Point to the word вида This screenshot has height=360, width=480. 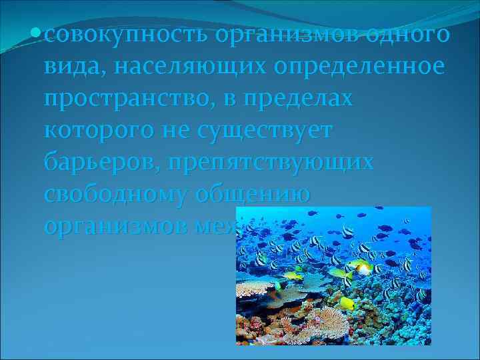click(x=69, y=67)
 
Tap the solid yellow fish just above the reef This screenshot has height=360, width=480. click(x=347, y=303)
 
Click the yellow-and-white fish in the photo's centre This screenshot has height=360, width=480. click(x=361, y=267)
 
